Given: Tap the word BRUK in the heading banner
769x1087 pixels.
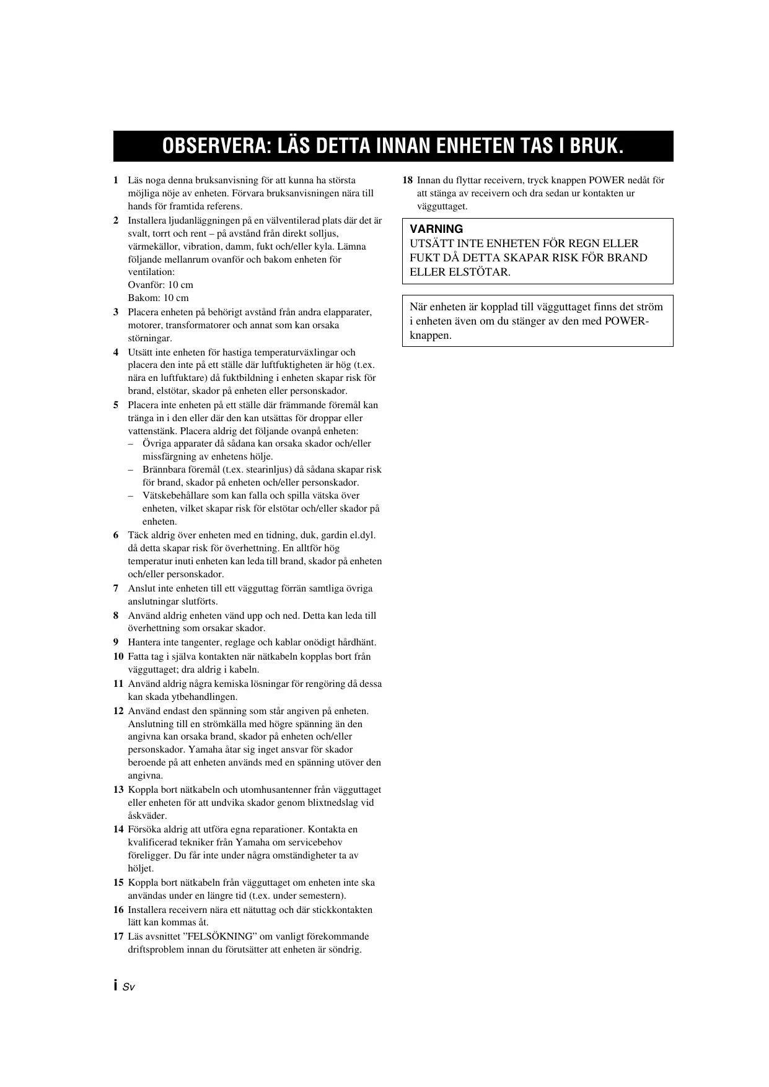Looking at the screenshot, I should pos(594,147).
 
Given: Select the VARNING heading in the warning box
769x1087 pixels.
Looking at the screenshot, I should pos(436,229).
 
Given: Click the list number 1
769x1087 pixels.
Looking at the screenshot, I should pos(116,180).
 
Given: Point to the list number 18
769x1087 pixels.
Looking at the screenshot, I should pos(407,180).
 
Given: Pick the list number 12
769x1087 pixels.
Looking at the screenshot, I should pos(118,711).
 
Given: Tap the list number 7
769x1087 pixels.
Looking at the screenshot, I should pos(116,588).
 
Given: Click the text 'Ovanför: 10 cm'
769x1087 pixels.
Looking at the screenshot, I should pos(160,285).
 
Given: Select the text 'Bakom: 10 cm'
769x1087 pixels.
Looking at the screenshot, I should pos(158,298).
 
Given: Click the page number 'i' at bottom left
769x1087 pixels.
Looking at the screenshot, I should pos(116,986).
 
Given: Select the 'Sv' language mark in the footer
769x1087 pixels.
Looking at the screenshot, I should pos(128,987).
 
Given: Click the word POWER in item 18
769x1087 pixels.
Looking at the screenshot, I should pos(607,180).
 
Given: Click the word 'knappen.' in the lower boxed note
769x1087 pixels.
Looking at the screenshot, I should pos(431,336).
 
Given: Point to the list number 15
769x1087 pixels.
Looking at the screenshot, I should pos(118,883).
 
